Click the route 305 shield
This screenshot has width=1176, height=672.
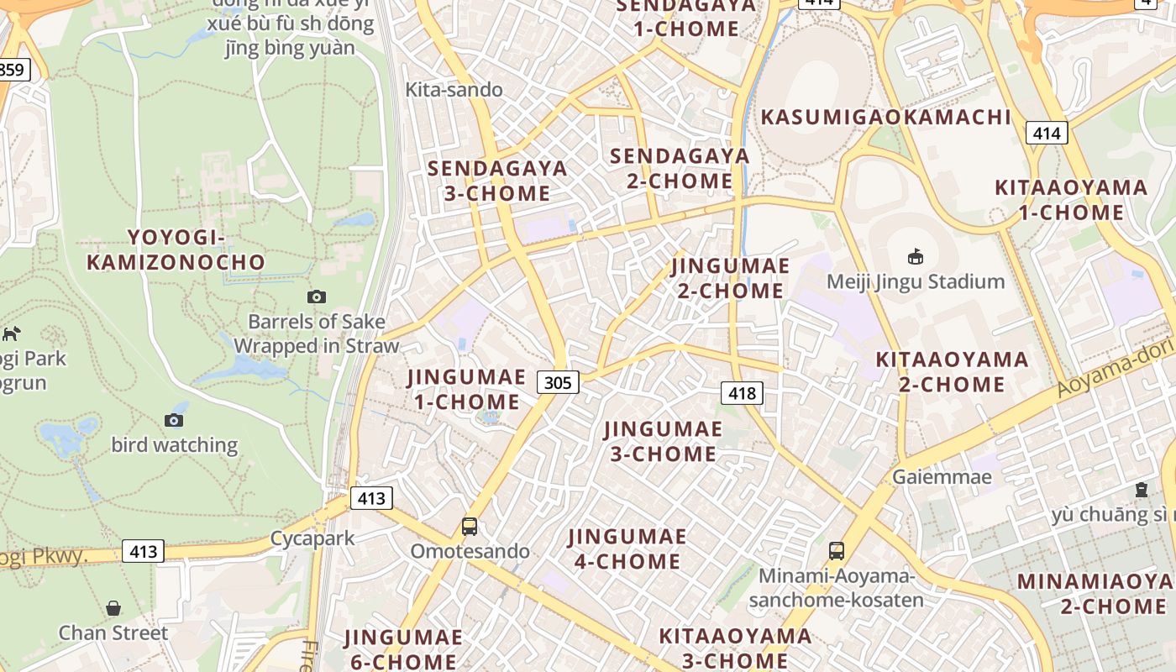[557, 383]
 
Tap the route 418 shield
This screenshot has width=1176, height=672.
[742, 392]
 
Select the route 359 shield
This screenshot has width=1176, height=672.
[13, 69]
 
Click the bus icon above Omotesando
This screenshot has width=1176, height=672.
[470, 527]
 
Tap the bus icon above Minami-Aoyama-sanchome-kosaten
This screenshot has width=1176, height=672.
[836, 550]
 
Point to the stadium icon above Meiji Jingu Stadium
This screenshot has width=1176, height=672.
[916, 255]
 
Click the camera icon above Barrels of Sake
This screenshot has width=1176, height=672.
[317, 297]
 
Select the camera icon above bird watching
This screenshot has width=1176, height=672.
[174, 420]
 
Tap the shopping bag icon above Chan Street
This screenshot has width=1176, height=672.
[113, 608]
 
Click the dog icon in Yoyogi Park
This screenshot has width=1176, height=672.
[12, 333]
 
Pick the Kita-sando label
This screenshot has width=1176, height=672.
[454, 90]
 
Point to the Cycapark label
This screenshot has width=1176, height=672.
[312, 538]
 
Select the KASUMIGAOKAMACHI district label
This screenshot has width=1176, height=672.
[885, 117]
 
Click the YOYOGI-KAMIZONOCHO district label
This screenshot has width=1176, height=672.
[176, 249]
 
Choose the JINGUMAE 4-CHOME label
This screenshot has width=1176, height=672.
[627, 549]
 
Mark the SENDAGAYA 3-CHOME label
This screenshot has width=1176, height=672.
[497, 181]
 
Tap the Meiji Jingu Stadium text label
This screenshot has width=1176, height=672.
[916, 281]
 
